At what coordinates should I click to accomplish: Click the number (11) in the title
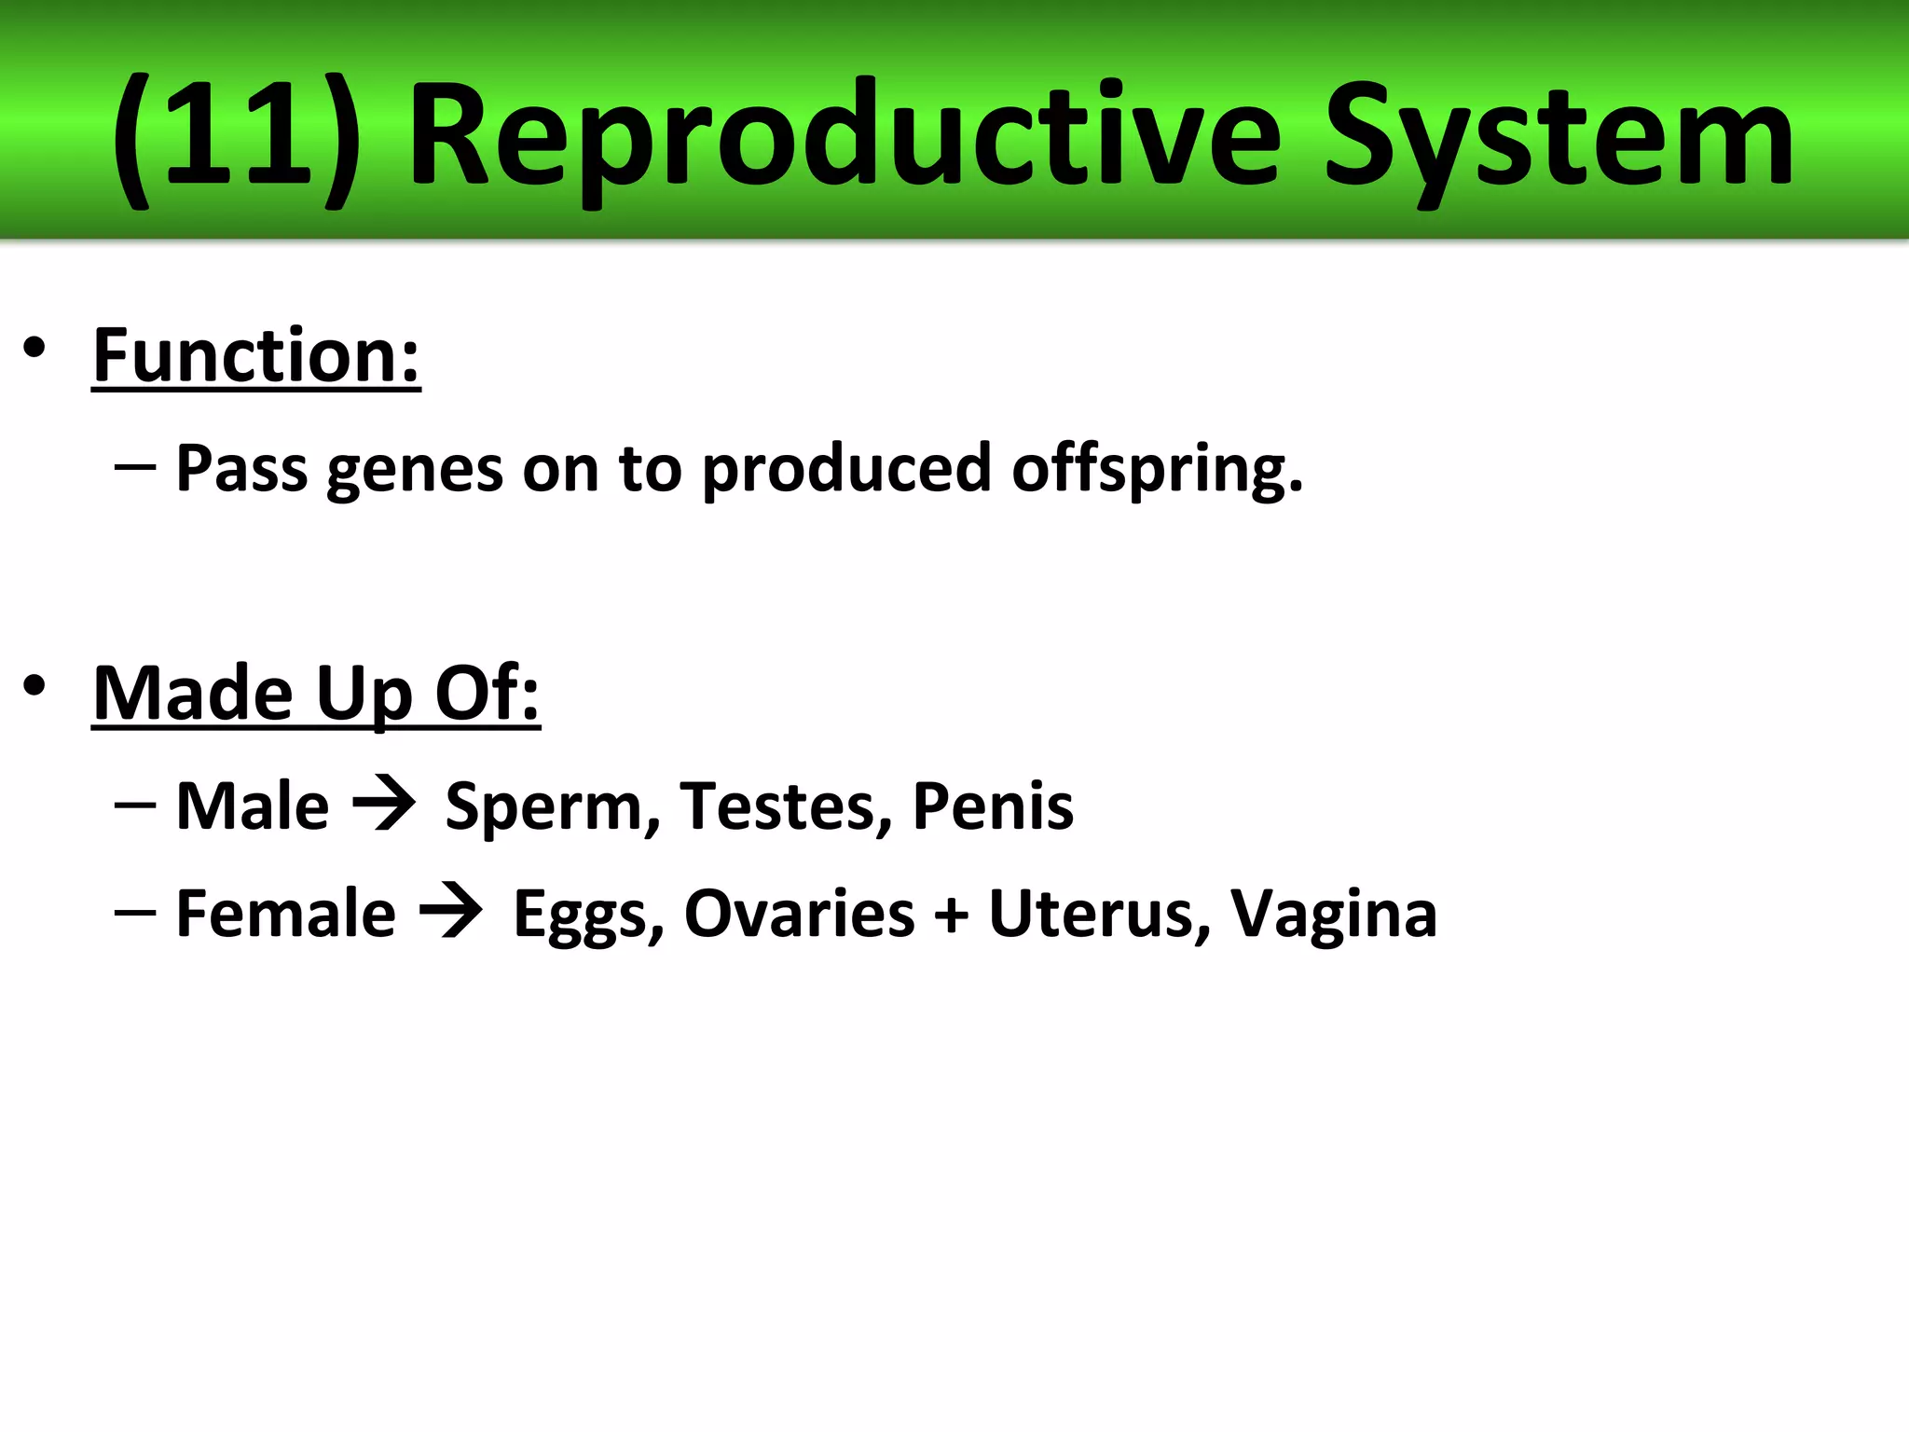[235, 140]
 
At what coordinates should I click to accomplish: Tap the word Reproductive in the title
[844, 140]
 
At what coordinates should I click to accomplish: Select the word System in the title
[1559, 140]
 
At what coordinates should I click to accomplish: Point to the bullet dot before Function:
[34, 348]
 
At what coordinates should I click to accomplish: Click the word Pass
[241, 468]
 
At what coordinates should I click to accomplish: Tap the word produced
[846, 468]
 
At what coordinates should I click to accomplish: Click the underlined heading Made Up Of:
[316, 694]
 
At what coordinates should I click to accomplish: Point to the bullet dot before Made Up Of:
[34, 686]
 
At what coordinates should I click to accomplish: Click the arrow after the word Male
[384, 805]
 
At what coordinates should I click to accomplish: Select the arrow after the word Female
[451, 912]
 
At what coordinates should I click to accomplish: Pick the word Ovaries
[800, 913]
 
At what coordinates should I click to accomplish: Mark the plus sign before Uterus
[951, 914]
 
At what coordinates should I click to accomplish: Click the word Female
[285, 913]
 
